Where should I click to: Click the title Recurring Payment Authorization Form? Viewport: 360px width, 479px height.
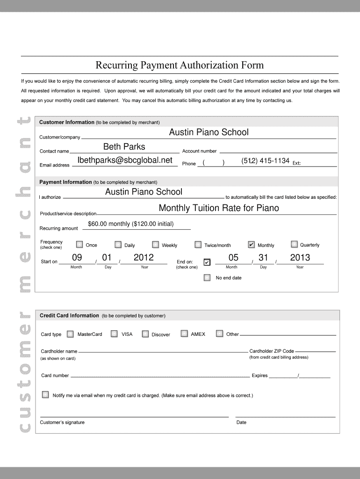pyautogui.click(x=180, y=65)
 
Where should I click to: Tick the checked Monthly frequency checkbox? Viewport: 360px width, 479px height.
pyautogui.click(x=251, y=245)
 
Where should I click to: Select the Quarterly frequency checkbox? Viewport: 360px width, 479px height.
pyautogui.click(x=294, y=244)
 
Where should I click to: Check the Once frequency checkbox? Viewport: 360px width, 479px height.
pyautogui.click(x=79, y=245)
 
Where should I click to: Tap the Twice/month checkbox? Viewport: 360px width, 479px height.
pyautogui.click(x=198, y=245)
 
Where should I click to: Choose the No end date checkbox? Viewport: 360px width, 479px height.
pyautogui.click(x=207, y=278)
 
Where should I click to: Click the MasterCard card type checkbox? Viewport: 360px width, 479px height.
pyautogui.click(x=70, y=334)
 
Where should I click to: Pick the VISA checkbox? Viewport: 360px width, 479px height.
pyautogui.click(x=114, y=334)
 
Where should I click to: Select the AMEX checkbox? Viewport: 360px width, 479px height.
pyautogui.click(x=184, y=334)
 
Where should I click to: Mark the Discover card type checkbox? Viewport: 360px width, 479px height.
pyautogui.click(x=145, y=334)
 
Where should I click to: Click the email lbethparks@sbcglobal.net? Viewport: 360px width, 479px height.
pyautogui.click(x=125, y=160)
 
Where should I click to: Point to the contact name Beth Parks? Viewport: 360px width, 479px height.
pyautogui.click(x=124, y=147)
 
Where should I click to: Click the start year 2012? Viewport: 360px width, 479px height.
pyautogui.click(x=144, y=258)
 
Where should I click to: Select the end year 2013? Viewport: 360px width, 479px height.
pyautogui.click(x=300, y=258)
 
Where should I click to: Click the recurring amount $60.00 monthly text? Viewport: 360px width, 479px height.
pyautogui.click(x=130, y=224)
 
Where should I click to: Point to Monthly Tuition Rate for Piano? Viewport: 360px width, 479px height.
pyautogui.click(x=219, y=208)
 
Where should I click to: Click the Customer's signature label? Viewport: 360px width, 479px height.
pyautogui.click(x=62, y=422)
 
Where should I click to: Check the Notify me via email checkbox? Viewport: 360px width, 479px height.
pyautogui.click(x=45, y=395)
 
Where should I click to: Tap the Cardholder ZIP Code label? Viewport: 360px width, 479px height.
pyautogui.click(x=272, y=351)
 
